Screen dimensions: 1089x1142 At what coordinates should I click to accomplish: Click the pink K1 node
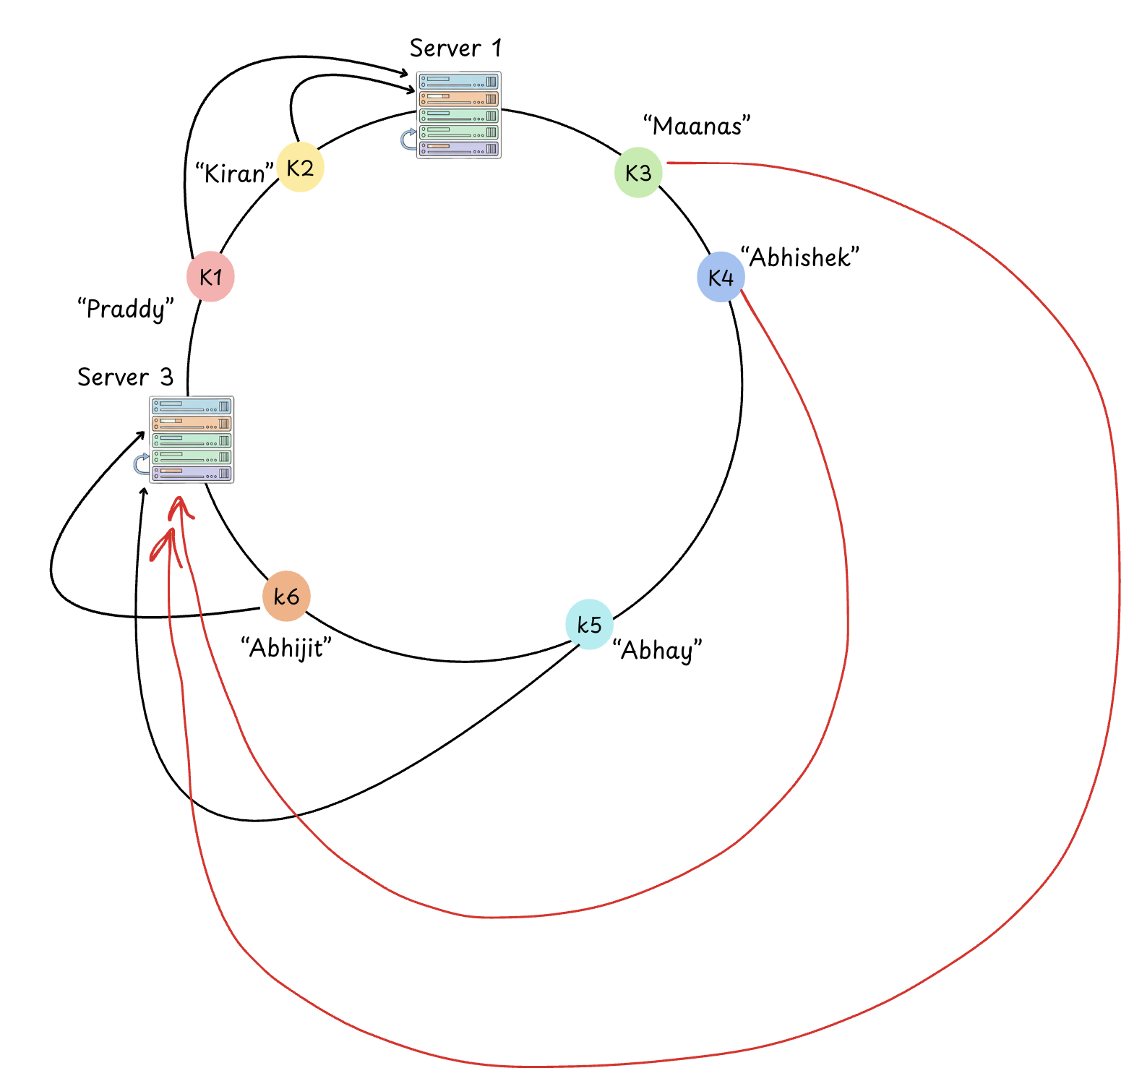point(210,276)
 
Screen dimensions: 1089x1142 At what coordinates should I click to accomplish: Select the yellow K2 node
point(300,168)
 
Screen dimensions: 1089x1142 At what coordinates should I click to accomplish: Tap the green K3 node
point(638,173)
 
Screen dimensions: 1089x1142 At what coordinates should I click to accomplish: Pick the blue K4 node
point(721,277)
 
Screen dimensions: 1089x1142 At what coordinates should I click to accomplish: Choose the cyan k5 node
point(589,625)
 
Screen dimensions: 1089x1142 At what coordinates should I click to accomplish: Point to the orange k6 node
point(286,597)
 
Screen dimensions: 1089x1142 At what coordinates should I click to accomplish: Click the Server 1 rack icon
point(459,115)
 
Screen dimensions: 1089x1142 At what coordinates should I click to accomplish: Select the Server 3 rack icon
point(192,440)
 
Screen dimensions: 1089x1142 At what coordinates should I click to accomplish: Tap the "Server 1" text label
point(455,48)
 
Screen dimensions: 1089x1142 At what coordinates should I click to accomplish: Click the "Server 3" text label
point(125,377)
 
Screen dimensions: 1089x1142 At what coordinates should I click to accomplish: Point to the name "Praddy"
point(126,309)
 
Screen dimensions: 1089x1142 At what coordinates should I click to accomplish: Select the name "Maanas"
point(697,126)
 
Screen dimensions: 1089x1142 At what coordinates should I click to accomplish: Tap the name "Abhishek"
point(800,257)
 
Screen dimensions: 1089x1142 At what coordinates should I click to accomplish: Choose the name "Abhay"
point(657,650)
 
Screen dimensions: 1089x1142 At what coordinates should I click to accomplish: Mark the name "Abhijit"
point(286,648)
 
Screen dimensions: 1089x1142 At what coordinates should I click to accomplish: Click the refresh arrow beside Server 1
point(409,139)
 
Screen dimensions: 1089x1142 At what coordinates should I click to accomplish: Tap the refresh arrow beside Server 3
point(142,464)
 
